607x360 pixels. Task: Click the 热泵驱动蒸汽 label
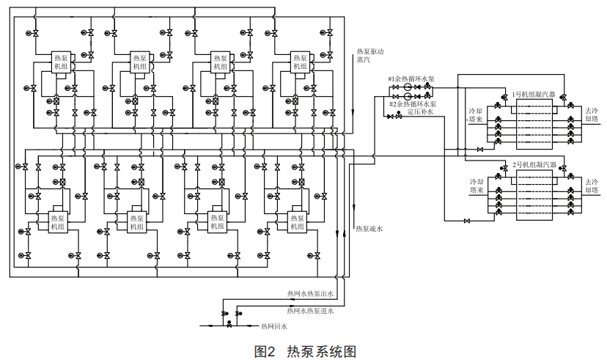369,56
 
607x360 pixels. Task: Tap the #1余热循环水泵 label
411,78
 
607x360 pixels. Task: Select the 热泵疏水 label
369,229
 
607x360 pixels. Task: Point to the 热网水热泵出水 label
310,294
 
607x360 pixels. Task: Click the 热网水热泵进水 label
310,312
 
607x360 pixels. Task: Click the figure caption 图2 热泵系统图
304,351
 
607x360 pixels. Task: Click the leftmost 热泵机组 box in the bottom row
57,222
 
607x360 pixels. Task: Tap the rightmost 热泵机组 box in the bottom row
297,222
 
